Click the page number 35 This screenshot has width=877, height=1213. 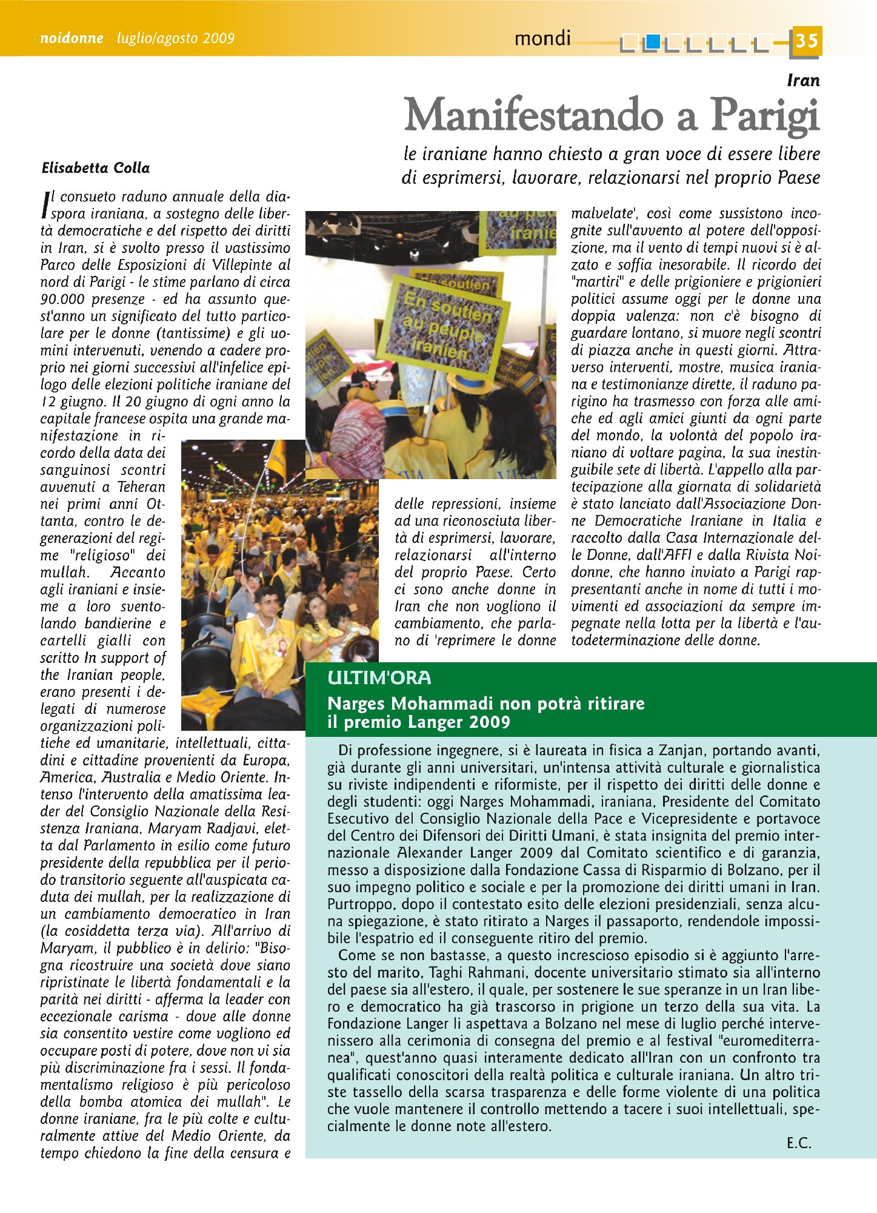(x=806, y=41)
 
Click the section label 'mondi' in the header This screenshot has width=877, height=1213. (x=542, y=39)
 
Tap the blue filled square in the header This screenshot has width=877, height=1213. (x=652, y=42)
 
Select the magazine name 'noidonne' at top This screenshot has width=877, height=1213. (x=72, y=38)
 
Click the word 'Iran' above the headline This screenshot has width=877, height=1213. (x=803, y=80)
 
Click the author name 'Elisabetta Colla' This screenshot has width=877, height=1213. (x=96, y=168)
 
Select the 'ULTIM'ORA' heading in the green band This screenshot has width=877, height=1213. (x=379, y=678)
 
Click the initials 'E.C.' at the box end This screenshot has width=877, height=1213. (x=799, y=1143)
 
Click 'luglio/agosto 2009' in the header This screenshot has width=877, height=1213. (x=176, y=38)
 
